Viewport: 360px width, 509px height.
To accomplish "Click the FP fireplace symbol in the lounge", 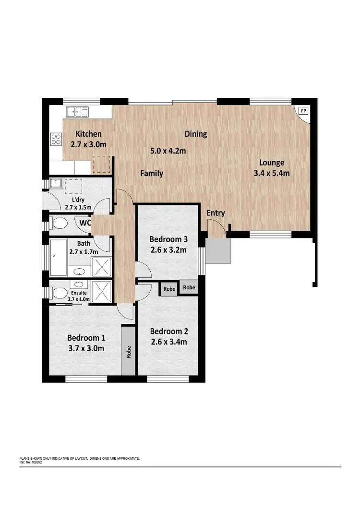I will click(x=303, y=111).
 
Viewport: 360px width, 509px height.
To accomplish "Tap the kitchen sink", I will click(x=77, y=111).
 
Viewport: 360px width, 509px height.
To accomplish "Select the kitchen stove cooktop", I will click(x=56, y=139).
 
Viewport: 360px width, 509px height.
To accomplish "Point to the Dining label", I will click(x=195, y=134).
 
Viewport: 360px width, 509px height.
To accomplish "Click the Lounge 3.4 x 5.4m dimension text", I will click(x=272, y=173).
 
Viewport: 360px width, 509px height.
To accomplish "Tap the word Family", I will click(x=152, y=173).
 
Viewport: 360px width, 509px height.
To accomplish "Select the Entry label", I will click(x=216, y=213).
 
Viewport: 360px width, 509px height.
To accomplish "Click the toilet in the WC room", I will click(x=59, y=223).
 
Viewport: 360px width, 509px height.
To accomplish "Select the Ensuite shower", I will click(x=101, y=291).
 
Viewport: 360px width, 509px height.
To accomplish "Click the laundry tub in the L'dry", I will click(x=56, y=183).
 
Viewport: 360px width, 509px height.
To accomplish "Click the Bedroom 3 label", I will click(x=168, y=239).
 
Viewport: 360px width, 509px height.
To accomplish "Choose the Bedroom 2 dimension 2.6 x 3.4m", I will click(x=168, y=342).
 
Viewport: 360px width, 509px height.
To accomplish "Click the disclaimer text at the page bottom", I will click(x=79, y=459).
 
